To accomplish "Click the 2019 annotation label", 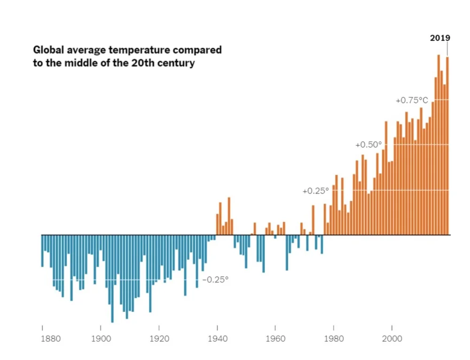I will [440, 38].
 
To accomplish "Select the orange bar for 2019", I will [447, 146].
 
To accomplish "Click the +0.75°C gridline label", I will [412, 100].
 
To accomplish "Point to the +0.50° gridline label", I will [368, 145].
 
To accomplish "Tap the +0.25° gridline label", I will [315, 191].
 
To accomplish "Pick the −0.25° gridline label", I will [215, 280].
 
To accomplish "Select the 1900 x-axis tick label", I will [101, 338].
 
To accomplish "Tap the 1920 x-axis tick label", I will [159, 338].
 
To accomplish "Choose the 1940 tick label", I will [217, 338].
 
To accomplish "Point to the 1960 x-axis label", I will [275, 338].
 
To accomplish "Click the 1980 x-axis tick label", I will [334, 338].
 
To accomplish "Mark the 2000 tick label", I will [392, 338].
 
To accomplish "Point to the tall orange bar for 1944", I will [229, 216].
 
